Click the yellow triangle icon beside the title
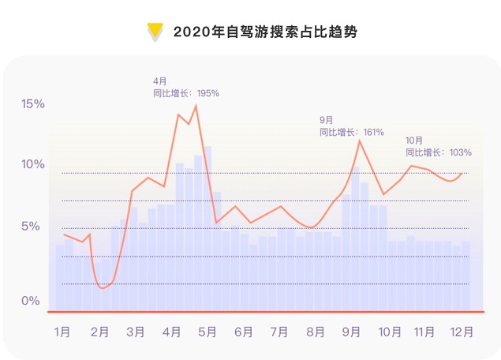155,32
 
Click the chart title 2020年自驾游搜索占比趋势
260,32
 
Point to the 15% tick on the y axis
32,104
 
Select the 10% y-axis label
32,164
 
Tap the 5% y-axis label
32,227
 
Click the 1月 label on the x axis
62,332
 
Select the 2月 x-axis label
99,332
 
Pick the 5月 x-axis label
208,332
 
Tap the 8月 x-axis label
316,332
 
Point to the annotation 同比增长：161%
351,132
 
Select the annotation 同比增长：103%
439,152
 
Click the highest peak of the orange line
196,105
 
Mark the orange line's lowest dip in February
102,288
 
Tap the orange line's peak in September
360,141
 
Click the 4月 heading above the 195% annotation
160,81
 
